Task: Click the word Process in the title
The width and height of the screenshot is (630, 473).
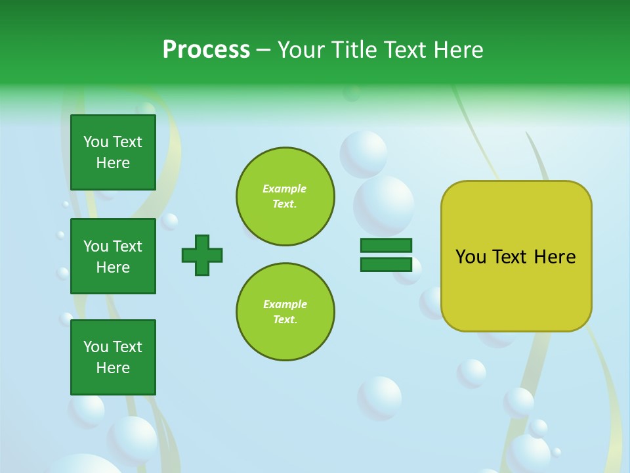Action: (x=206, y=50)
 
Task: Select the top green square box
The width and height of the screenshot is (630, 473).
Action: (x=113, y=152)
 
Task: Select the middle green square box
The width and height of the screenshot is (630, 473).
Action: (x=113, y=256)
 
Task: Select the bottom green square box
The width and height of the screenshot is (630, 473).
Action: (x=113, y=357)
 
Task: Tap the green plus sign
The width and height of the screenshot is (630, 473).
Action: (x=202, y=255)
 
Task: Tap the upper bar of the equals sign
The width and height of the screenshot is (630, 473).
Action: (x=386, y=246)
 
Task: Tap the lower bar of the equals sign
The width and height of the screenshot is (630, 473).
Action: (x=386, y=264)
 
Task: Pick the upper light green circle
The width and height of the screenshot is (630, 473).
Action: (x=285, y=196)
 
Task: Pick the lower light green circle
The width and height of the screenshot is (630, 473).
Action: (x=285, y=311)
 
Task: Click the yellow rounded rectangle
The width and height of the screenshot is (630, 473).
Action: (x=516, y=256)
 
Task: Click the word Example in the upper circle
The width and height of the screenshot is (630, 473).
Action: (x=284, y=189)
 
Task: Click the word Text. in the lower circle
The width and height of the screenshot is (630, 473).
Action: (x=285, y=319)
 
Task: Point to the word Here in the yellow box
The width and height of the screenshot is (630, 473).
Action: (x=555, y=257)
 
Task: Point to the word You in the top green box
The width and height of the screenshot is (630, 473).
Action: (x=96, y=142)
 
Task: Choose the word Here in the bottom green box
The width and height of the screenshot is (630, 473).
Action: (x=113, y=368)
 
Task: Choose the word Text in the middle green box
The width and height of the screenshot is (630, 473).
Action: (x=127, y=246)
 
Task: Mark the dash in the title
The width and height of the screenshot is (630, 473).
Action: (x=263, y=50)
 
